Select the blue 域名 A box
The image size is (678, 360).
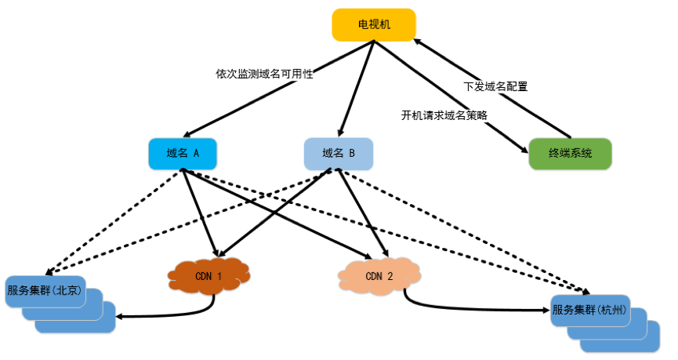(x=183, y=154)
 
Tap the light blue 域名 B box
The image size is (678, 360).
(x=339, y=154)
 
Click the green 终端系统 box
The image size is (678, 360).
(x=570, y=154)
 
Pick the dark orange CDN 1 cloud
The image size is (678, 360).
(x=208, y=276)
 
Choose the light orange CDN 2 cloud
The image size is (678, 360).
(x=379, y=276)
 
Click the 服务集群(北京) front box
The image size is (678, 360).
(x=44, y=290)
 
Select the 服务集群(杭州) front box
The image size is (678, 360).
(x=589, y=309)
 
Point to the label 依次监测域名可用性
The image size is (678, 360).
(x=264, y=74)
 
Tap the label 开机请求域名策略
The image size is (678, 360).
(x=444, y=115)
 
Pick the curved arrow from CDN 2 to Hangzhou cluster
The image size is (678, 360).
(x=470, y=308)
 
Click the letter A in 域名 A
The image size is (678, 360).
(x=195, y=154)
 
